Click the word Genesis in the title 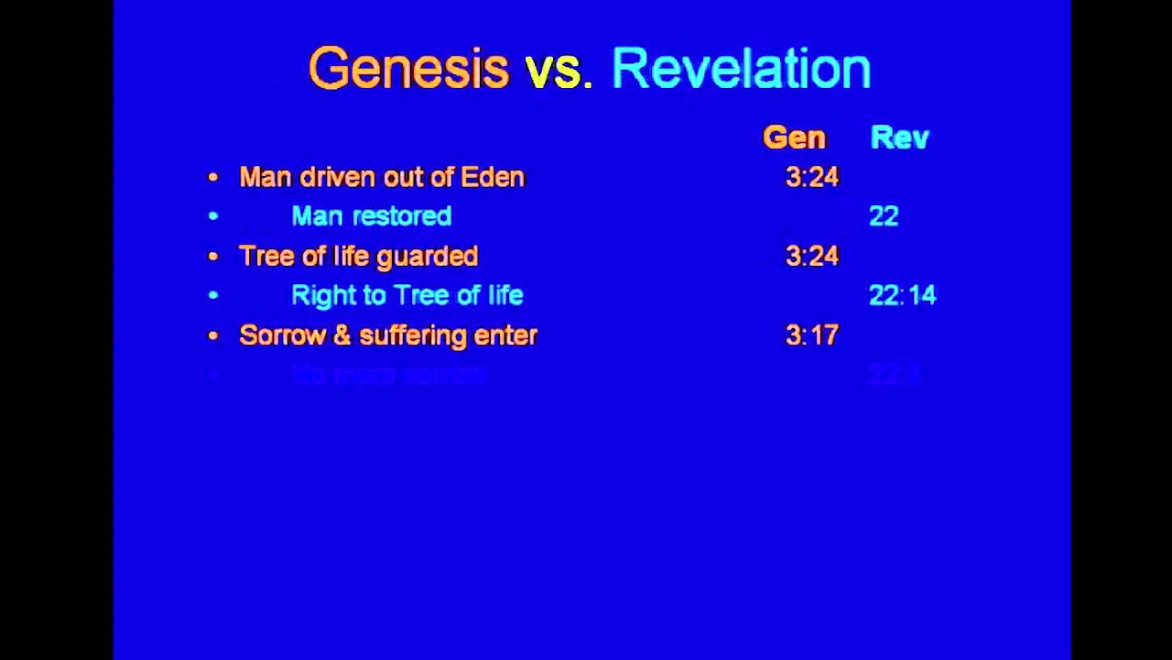pyautogui.click(x=408, y=69)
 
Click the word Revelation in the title pyautogui.click(x=741, y=69)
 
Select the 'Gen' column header pyautogui.click(x=794, y=137)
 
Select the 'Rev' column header pyautogui.click(x=899, y=137)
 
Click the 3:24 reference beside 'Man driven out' pyautogui.click(x=811, y=177)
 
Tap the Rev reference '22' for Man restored pyautogui.click(x=884, y=216)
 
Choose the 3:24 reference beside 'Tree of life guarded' pyautogui.click(x=811, y=256)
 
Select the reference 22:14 pyautogui.click(x=902, y=295)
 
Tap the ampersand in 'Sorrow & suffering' pyautogui.click(x=342, y=335)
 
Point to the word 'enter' pyautogui.click(x=505, y=335)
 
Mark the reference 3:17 pyautogui.click(x=811, y=335)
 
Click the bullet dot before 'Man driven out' pyautogui.click(x=213, y=178)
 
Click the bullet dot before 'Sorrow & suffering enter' pyautogui.click(x=213, y=336)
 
